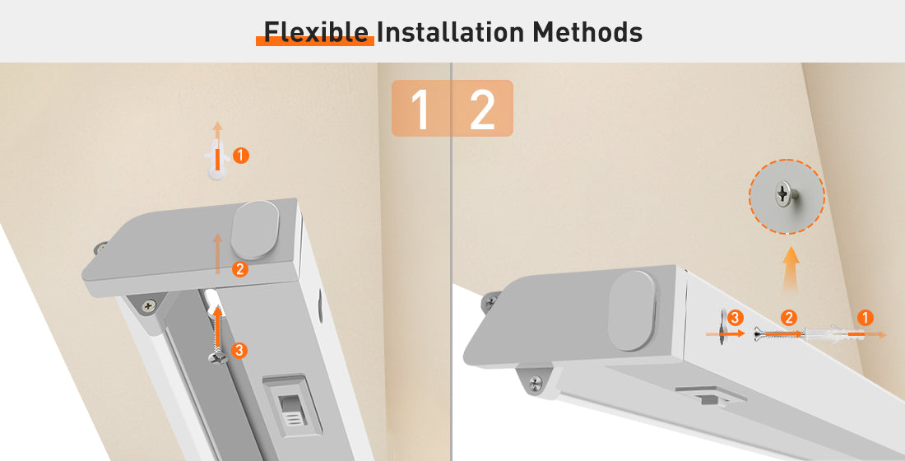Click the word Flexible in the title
(x=316, y=32)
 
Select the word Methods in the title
(x=587, y=32)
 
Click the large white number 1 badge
(x=420, y=109)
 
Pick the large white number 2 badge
(x=482, y=109)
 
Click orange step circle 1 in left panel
(x=241, y=156)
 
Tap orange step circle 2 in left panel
(x=240, y=268)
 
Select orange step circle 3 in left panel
(x=239, y=350)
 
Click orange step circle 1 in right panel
(x=865, y=317)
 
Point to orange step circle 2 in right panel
(x=789, y=317)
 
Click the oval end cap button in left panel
(x=256, y=230)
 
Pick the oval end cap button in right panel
(x=632, y=311)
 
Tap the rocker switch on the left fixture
(x=293, y=407)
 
